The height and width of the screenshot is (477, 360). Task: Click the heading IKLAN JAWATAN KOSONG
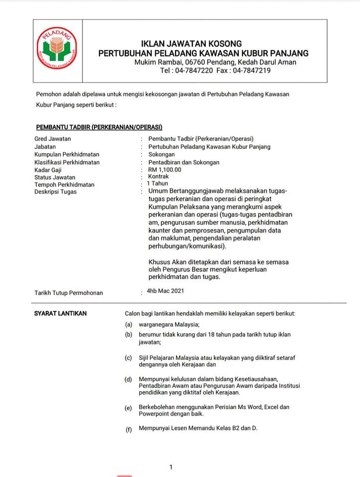click(x=191, y=44)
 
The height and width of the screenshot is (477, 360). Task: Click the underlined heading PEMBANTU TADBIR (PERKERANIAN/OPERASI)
click(x=99, y=127)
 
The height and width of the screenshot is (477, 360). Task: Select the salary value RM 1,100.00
click(x=165, y=169)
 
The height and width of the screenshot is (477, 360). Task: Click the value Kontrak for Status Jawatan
click(x=159, y=176)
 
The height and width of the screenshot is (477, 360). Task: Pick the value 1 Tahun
click(x=158, y=184)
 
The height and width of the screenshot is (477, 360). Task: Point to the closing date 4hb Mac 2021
click(x=165, y=291)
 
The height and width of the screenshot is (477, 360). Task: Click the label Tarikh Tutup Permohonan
click(x=69, y=293)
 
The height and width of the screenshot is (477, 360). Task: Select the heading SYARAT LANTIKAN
click(x=60, y=313)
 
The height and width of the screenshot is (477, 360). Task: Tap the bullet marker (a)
click(x=129, y=324)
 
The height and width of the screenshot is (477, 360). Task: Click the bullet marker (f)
click(x=129, y=429)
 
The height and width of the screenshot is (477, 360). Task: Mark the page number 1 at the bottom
click(x=171, y=467)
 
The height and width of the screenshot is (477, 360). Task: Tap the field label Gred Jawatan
click(x=53, y=139)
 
